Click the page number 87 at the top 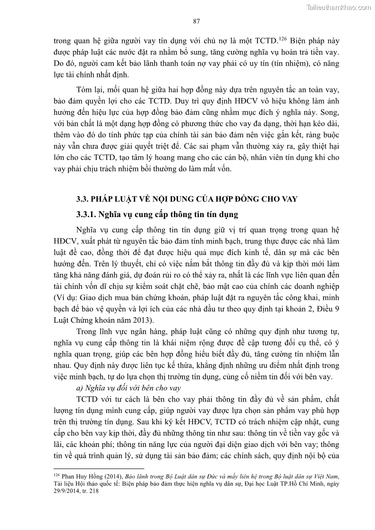pos(197,21)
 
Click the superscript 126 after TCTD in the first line pos(283,38)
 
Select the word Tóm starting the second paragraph pos(85,90)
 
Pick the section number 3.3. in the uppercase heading pos(84,199)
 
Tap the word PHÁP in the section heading pos(105,199)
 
